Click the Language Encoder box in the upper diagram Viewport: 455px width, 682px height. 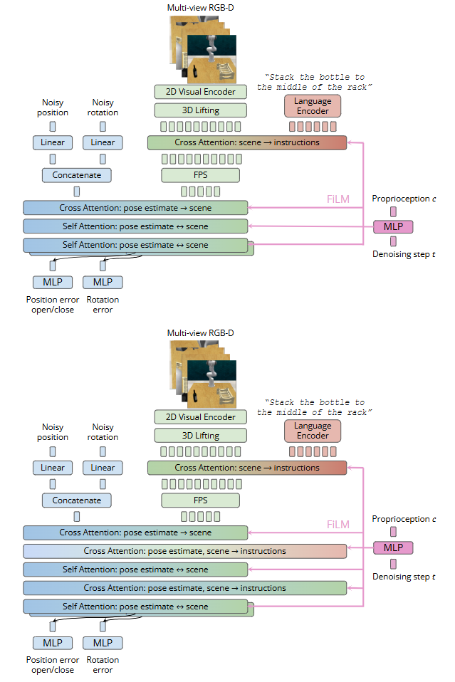point(313,106)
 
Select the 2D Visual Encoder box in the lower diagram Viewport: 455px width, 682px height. point(201,417)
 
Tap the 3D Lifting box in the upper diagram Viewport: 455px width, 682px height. point(201,110)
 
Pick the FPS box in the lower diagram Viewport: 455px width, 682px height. point(201,500)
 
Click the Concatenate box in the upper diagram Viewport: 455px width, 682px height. point(77,175)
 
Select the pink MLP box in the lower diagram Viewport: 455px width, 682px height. point(393,547)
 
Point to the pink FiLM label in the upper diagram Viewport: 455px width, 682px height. point(338,199)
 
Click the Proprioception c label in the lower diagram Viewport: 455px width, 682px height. point(404,520)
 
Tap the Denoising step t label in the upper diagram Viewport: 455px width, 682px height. point(404,254)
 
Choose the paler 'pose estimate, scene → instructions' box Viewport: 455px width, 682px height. point(184,551)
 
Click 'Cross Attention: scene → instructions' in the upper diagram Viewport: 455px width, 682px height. point(246,142)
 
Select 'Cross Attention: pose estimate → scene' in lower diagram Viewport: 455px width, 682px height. point(135,533)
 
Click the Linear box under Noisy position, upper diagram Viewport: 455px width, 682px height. point(53,142)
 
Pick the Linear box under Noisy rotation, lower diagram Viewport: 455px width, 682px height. point(103,468)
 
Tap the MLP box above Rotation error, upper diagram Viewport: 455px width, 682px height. point(103,283)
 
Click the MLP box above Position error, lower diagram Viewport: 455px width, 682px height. point(53,643)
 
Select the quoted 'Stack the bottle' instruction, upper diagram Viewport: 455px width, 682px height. point(315,82)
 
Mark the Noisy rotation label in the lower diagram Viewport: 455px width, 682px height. point(103,432)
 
